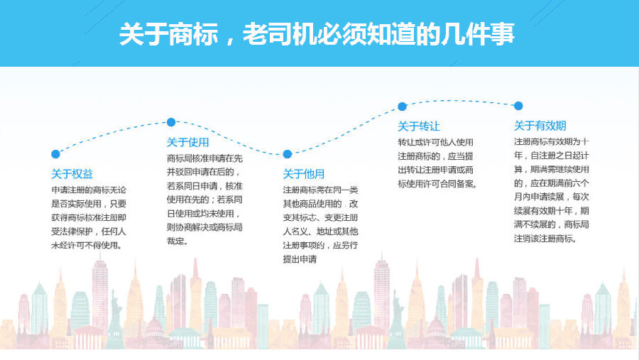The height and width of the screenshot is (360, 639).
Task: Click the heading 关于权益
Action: (x=72, y=174)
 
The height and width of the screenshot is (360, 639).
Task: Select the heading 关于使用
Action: (x=188, y=142)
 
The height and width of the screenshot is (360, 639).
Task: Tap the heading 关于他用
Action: (x=304, y=174)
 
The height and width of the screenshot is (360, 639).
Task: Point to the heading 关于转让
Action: (x=419, y=126)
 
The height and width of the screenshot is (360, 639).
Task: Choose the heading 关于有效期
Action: (x=540, y=126)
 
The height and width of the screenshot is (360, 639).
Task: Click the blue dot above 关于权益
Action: (x=56, y=154)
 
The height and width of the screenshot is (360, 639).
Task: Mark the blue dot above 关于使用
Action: (x=171, y=122)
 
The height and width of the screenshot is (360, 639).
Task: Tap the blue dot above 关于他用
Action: (x=288, y=154)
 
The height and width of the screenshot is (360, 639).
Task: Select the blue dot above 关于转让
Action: (x=403, y=107)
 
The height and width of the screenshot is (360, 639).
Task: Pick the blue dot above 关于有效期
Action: (x=518, y=106)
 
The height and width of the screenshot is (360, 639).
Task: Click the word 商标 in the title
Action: (x=193, y=34)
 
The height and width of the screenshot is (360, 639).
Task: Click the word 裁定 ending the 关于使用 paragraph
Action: (x=175, y=241)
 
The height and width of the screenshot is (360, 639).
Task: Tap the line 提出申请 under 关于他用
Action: (x=300, y=259)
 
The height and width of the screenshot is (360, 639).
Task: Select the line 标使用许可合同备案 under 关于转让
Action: (x=436, y=184)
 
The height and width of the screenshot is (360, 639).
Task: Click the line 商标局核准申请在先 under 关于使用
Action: (x=204, y=158)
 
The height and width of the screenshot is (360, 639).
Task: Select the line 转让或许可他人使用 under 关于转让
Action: (x=436, y=142)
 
